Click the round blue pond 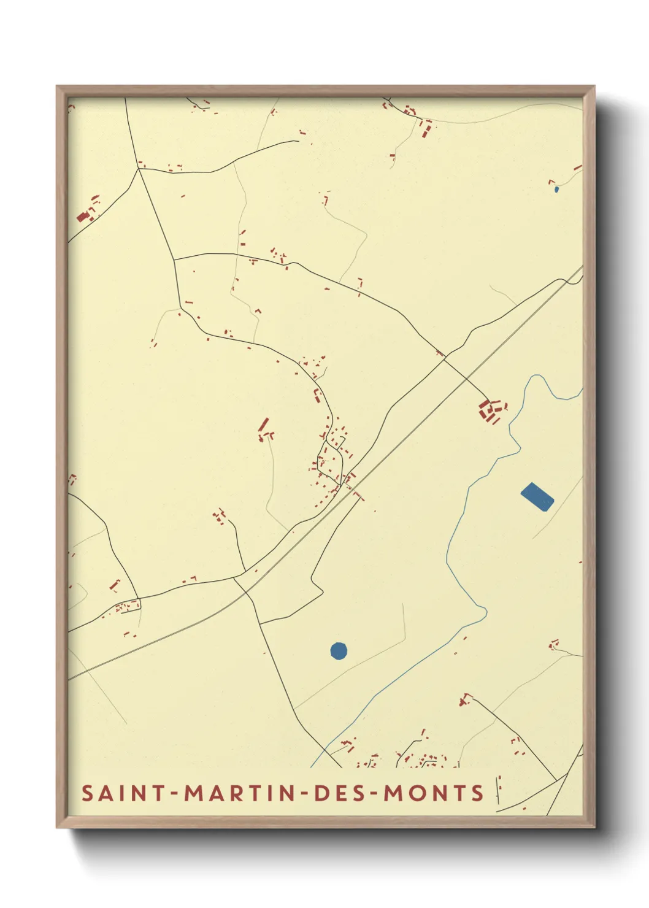[339, 650]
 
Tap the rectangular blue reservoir [537, 496]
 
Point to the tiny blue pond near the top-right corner [556, 190]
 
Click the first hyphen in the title [175, 794]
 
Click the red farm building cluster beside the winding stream [491, 411]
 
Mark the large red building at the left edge [83, 217]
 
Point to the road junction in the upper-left [139, 169]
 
